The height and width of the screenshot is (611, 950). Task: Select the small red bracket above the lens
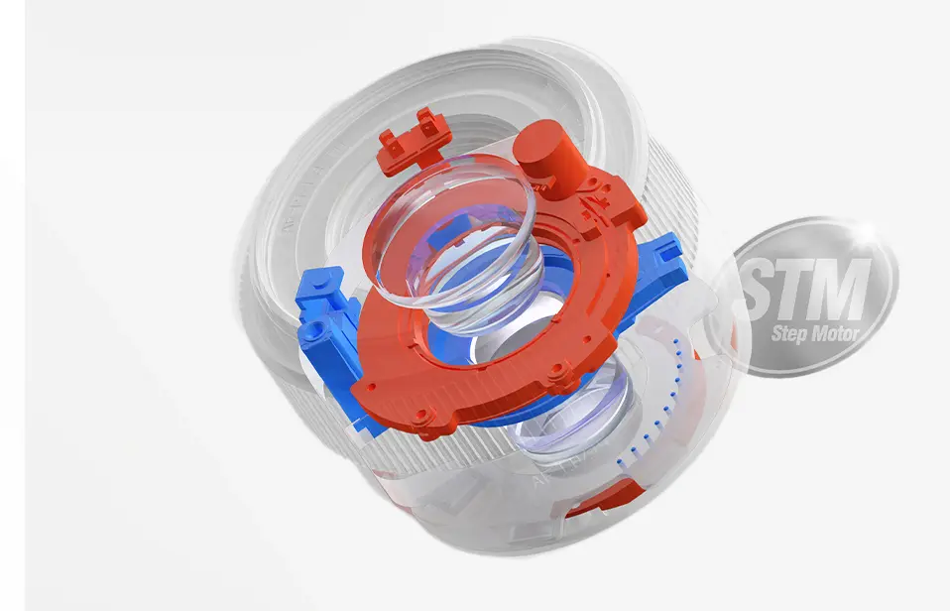click(x=413, y=140)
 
